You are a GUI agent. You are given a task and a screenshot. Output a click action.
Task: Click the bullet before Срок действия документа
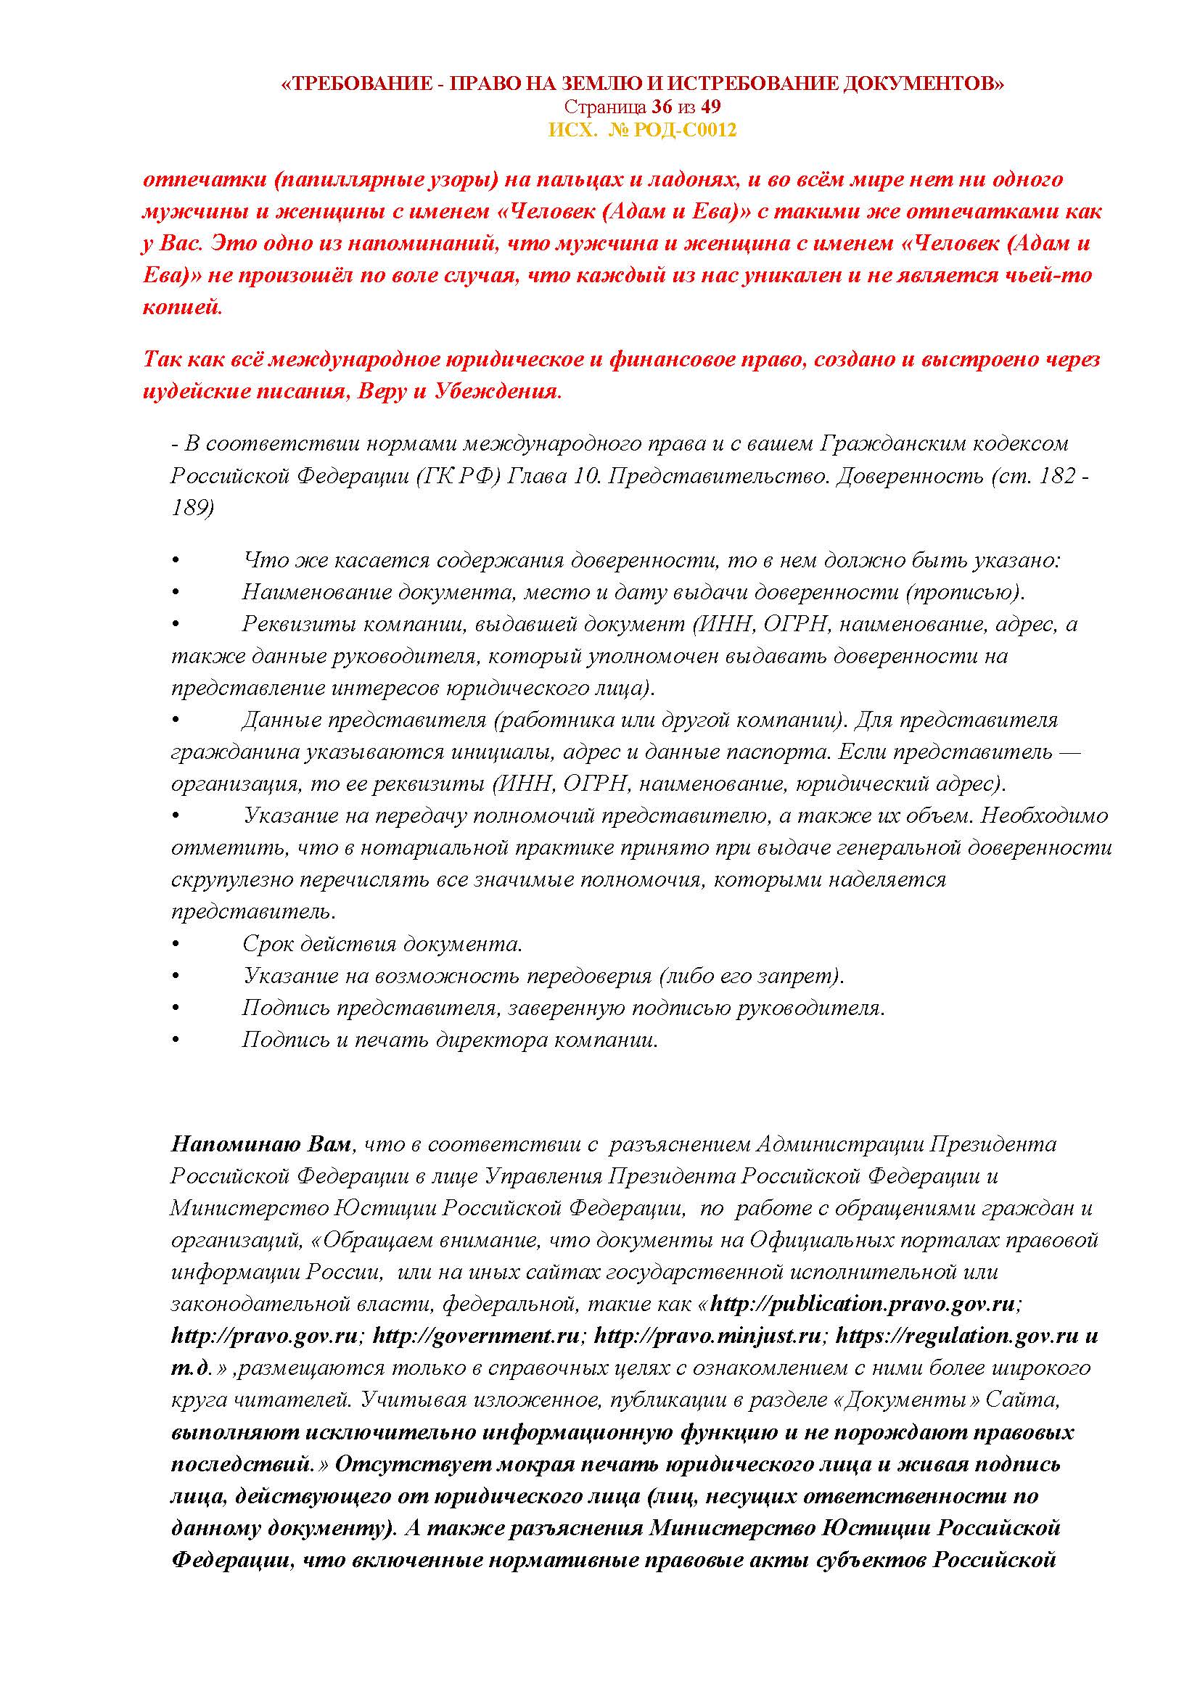[x=176, y=945]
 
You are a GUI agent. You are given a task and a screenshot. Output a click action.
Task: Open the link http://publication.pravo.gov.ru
[x=863, y=1304]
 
